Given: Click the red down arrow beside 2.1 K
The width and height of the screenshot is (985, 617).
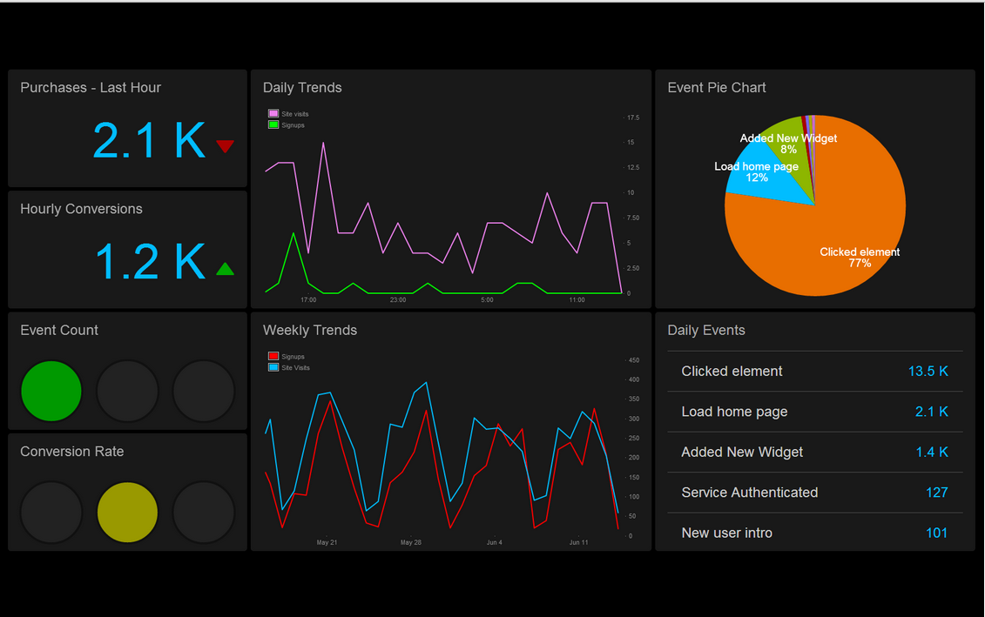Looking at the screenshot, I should (x=225, y=146).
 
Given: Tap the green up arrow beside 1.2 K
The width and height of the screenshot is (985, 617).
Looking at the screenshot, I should (x=225, y=269).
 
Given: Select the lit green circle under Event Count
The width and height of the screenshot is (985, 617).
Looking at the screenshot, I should (x=51, y=391).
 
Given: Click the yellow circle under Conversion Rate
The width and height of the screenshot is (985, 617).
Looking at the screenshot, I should (x=127, y=513).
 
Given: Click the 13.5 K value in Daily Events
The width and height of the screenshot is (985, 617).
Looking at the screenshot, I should (x=928, y=372).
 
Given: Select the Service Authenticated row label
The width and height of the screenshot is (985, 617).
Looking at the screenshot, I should (x=749, y=493).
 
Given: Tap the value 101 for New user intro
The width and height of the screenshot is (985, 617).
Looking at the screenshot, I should (x=936, y=533).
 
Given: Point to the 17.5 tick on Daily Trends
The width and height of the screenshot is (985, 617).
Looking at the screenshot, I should (x=633, y=117).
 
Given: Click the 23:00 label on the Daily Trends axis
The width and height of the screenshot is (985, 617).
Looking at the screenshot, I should (x=398, y=300).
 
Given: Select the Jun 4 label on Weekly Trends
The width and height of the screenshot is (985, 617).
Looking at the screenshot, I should (x=494, y=543).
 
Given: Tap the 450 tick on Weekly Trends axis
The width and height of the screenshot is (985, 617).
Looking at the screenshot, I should (x=633, y=360).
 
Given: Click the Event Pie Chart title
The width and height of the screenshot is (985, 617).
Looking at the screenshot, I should (x=717, y=88).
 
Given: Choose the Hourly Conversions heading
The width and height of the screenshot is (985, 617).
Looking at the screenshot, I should (x=81, y=209).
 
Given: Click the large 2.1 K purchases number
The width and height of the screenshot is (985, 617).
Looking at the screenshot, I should (x=149, y=141).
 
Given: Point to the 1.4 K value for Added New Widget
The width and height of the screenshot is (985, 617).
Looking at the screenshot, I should (x=931, y=453).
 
